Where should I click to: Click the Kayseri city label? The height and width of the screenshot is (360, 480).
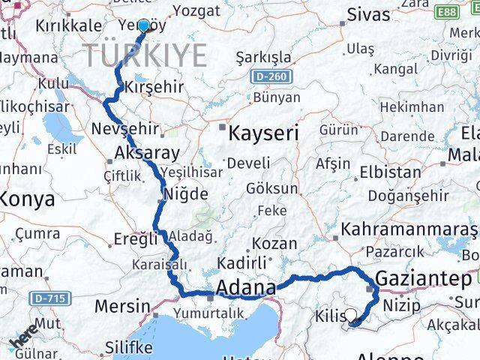pyautogui.click(x=263, y=134)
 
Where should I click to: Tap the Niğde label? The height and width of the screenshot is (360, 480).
pyautogui.click(x=185, y=193)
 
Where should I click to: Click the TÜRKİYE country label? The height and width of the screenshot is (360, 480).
pyautogui.click(x=145, y=55)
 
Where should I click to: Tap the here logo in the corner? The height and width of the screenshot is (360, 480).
pyautogui.click(x=25, y=341)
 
